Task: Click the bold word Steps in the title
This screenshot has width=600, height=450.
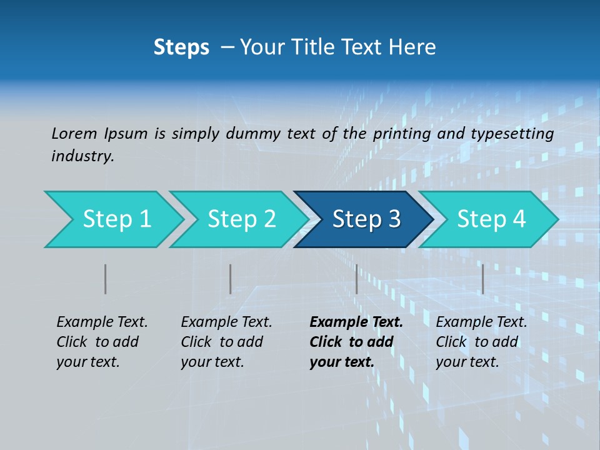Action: click(181, 47)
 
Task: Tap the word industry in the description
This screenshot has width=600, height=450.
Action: click(82, 156)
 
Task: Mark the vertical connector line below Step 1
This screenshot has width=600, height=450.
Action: click(105, 279)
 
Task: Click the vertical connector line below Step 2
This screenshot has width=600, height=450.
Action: click(230, 279)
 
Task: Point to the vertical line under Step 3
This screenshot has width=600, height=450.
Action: click(356, 279)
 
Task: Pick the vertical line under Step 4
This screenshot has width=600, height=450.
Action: click(482, 279)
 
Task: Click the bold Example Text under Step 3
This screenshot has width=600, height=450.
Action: click(356, 322)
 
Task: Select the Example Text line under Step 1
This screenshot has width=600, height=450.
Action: click(102, 322)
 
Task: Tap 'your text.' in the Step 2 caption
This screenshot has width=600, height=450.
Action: click(212, 362)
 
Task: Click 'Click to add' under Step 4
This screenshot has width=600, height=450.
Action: click(477, 342)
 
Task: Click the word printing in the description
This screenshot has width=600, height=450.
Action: click(402, 133)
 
